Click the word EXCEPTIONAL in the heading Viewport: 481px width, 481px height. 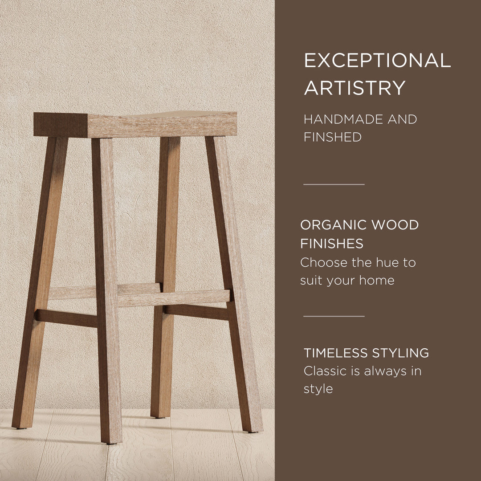377,61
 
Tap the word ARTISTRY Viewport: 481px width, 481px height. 355,88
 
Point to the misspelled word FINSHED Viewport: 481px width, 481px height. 332,137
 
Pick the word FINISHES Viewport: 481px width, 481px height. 331,244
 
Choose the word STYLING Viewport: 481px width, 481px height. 402,353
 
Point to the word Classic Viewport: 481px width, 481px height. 323,371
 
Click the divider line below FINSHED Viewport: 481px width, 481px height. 334,184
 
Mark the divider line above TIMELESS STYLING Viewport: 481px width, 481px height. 334,316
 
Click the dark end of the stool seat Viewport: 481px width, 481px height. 60,125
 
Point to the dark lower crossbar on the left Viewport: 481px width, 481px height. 66,317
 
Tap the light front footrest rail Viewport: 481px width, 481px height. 174,298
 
